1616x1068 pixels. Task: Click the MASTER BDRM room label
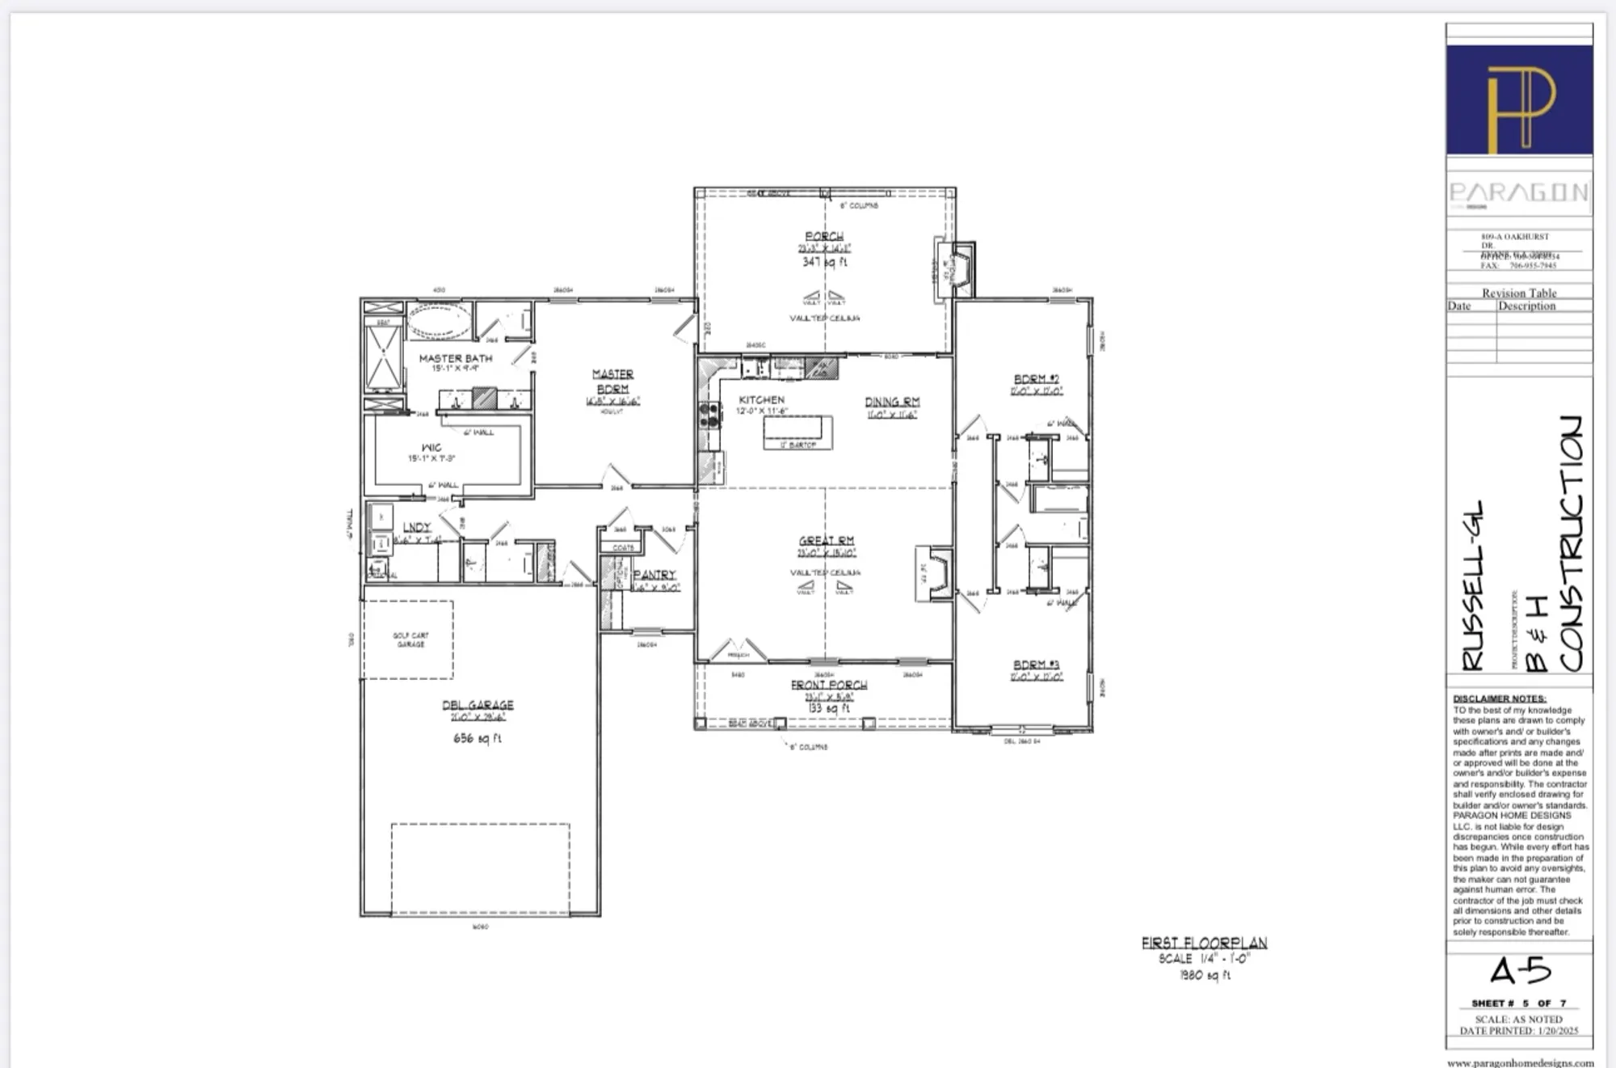(612, 381)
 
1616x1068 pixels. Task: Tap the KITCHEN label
(761, 399)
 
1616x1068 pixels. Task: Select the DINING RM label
(892, 402)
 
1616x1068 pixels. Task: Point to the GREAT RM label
(827, 540)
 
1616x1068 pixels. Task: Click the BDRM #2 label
(1036, 378)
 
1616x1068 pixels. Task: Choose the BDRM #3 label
(1036, 665)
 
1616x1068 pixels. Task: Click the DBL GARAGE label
(478, 705)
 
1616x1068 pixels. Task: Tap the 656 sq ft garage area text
(477, 738)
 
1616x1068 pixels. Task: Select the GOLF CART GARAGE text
(410, 640)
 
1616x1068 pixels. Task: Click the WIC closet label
(431, 447)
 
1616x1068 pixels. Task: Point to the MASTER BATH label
(455, 358)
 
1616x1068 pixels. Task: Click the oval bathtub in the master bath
(439, 321)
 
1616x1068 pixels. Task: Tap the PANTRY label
(654, 574)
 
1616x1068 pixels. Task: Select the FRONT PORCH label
(829, 685)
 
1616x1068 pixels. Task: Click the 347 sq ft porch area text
(824, 262)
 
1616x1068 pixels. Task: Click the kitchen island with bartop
(797, 432)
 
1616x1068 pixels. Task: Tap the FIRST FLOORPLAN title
(1204, 943)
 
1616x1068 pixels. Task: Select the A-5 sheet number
(1519, 971)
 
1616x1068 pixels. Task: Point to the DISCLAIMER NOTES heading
(1499, 699)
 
